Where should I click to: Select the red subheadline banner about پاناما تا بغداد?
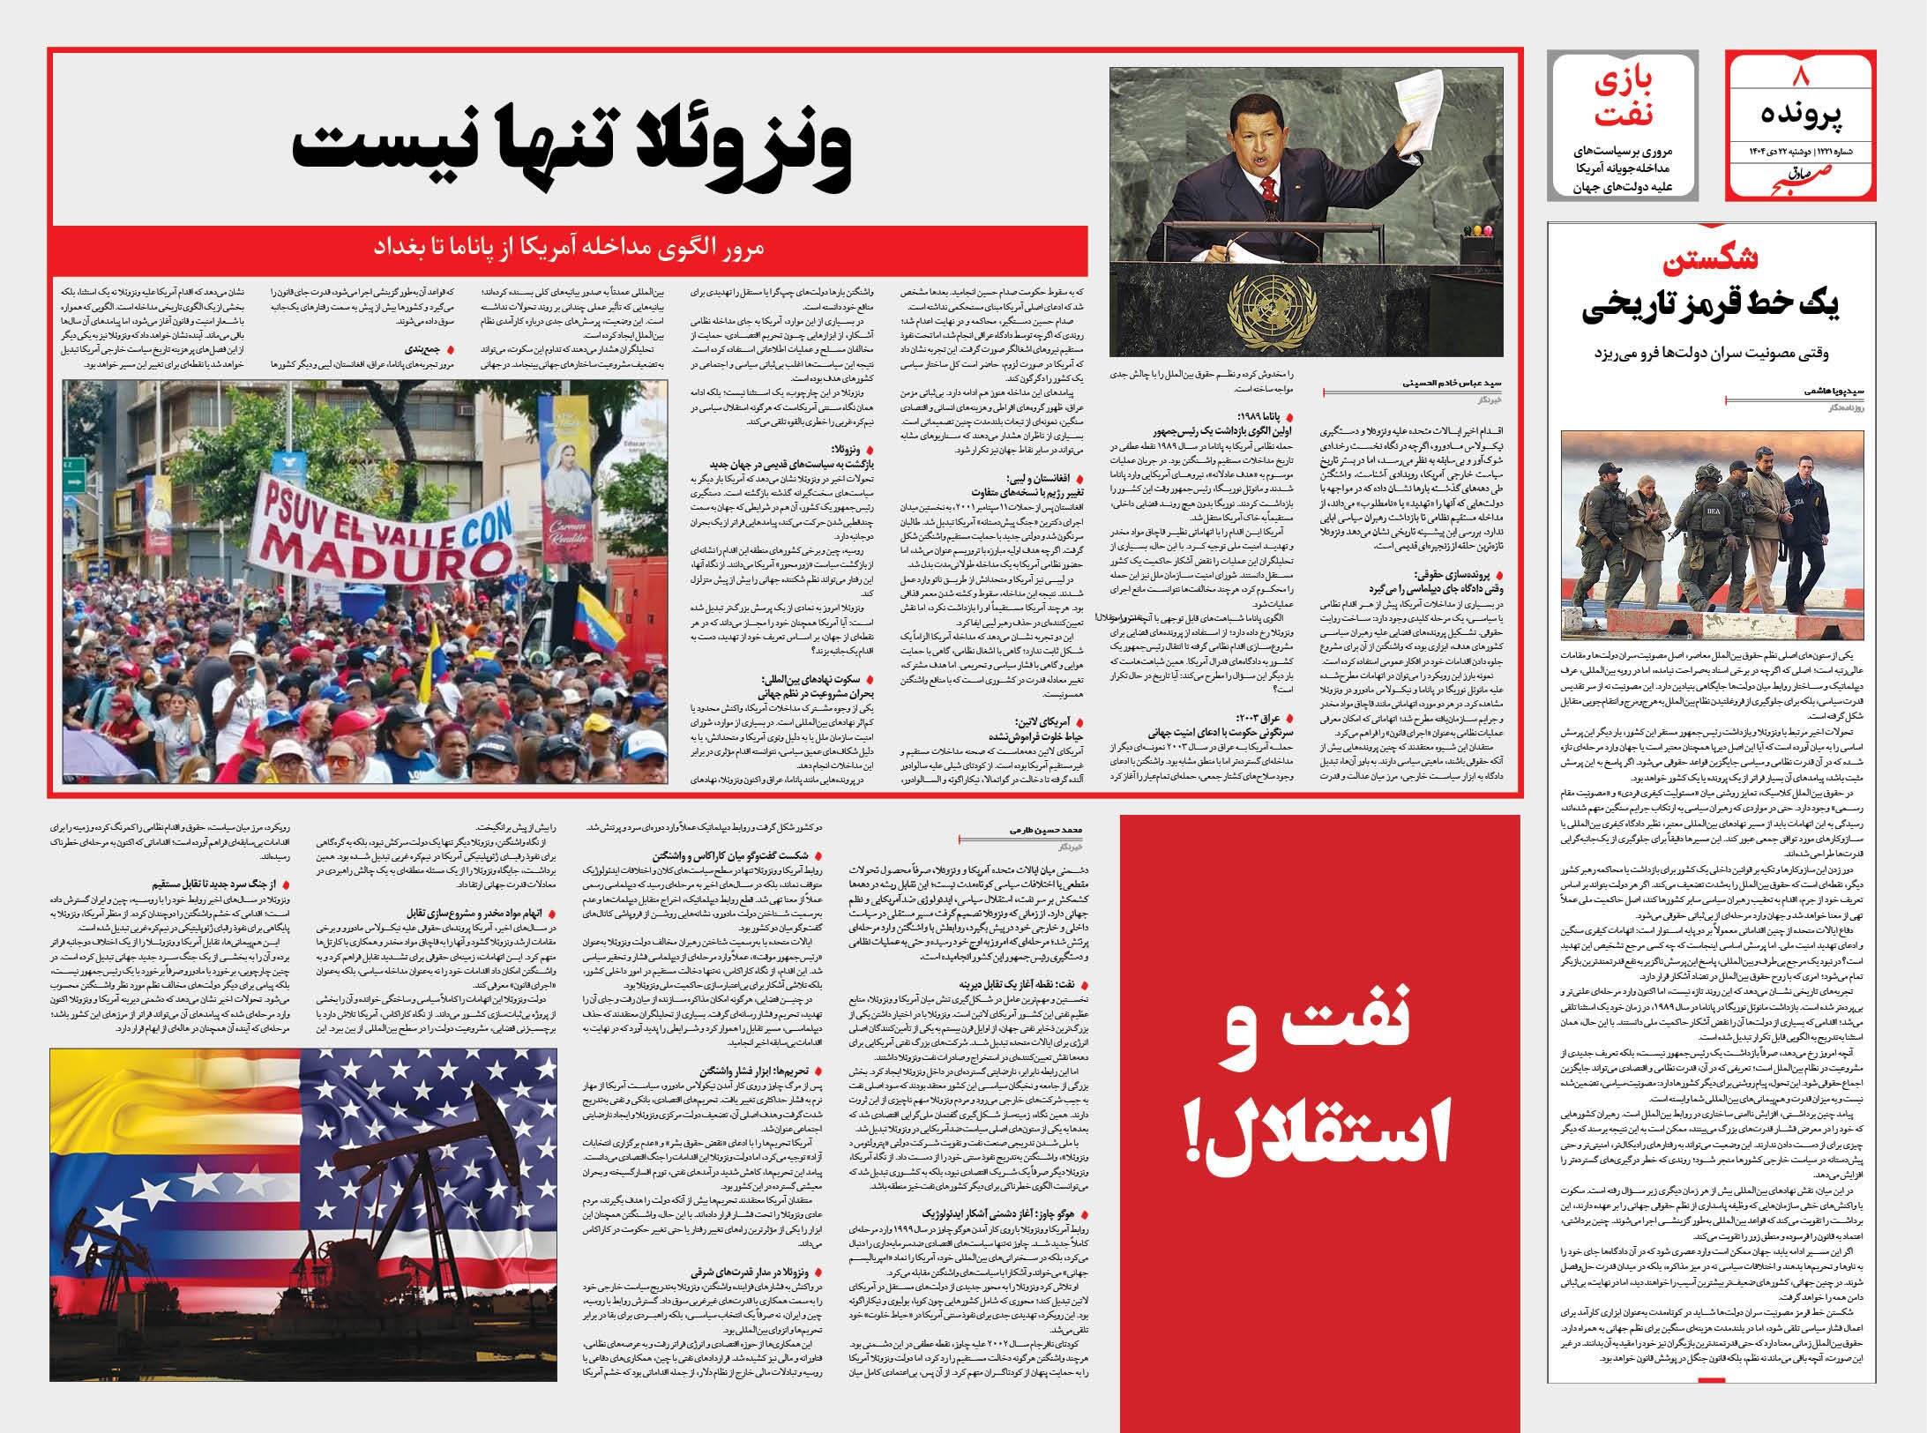tap(570, 246)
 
